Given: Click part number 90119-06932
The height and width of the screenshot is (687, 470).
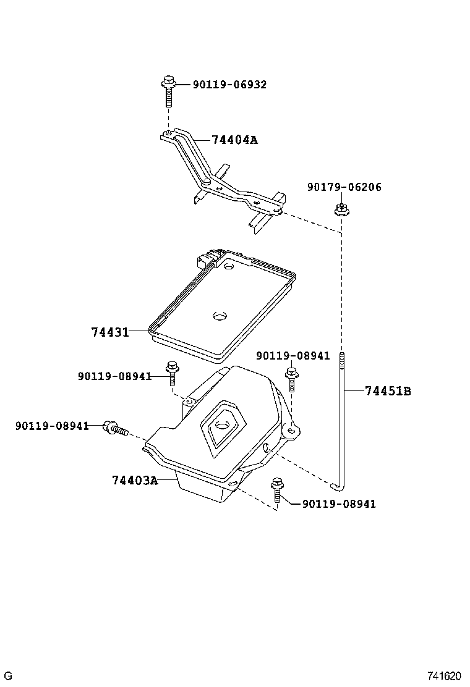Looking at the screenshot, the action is pyautogui.click(x=229, y=85).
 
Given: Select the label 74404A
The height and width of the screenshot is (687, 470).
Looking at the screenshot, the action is pyautogui.click(x=234, y=140).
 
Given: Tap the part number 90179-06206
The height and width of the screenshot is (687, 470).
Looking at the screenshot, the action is pyautogui.click(x=344, y=187).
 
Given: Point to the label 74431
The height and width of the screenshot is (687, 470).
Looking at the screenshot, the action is pyautogui.click(x=110, y=332).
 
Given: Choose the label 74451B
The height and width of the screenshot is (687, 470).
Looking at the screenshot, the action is pyautogui.click(x=388, y=391).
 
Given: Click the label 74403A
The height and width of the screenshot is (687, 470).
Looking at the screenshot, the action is pyautogui.click(x=135, y=481).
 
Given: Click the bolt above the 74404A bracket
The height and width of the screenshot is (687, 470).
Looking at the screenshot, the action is pyautogui.click(x=168, y=91).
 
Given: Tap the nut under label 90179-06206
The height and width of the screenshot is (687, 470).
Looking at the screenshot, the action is pyautogui.click(x=341, y=209).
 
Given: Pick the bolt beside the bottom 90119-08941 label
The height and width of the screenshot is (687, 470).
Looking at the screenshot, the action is pyautogui.click(x=276, y=490).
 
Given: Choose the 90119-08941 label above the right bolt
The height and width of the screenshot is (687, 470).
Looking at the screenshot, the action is pyautogui.click(x=293, y=356).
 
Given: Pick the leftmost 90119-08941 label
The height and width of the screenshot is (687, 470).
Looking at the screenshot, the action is pyautogui.click(x=52, y=426).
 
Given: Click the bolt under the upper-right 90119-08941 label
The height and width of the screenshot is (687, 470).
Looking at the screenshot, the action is pyautogui.click(x=291, y=379).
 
